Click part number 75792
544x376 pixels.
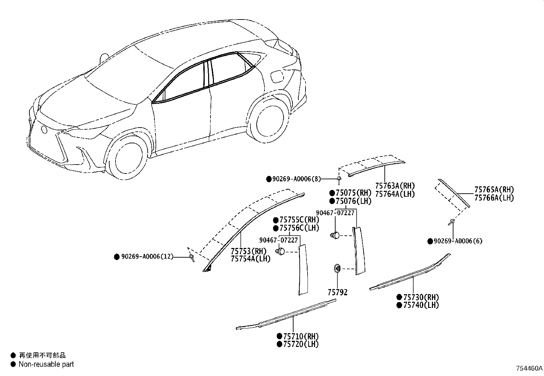click(337, 293)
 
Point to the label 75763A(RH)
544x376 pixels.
click(395, 186)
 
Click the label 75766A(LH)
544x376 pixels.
click(494, 198)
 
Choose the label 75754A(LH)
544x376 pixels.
click(250, 259)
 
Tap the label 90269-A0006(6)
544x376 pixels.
click(458, 241)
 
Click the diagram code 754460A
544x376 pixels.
click(529, 368)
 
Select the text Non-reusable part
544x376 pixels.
click(46, 364)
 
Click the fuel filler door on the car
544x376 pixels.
click(276, 76)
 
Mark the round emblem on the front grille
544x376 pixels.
click(44, 130)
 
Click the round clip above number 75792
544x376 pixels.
click(337, 269)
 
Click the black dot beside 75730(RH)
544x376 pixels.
click(399, 297)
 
